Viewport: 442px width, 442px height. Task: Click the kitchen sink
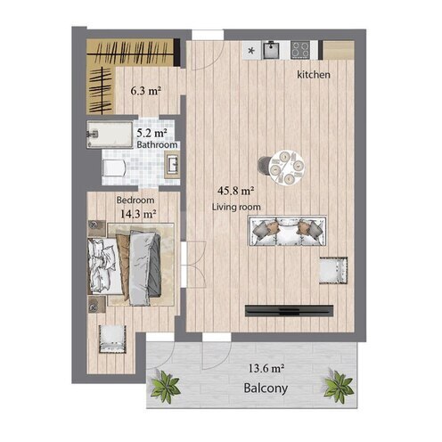click(x=271, y=50)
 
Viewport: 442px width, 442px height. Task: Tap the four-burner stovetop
click(x=300, y=50)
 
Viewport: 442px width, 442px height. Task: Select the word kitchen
click(x=314, y=75)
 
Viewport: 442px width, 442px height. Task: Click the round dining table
click(x=287, y=168)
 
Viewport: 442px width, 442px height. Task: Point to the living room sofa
click(x=288, y=231)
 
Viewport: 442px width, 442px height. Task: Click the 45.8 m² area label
click(x=235, y=191)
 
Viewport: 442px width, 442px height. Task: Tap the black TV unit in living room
click(x=289, y=311)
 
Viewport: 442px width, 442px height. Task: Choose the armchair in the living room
click(x=333, y=271)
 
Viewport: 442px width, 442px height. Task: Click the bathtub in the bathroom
click(x=110, y=135)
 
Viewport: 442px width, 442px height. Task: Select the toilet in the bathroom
click(x=113, y=168)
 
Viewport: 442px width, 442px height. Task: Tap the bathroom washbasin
click(x=172, y=165)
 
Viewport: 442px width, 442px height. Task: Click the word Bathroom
click(x=157, y=145)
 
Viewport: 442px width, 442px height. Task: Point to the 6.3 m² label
click(x=146, y=91)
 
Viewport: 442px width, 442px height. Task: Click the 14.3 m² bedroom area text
click(x=138, y=214)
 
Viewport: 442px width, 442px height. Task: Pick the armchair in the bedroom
click(x=112, y=339)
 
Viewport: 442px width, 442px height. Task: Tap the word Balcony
click(x=266, y=389)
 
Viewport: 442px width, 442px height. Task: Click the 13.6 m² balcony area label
click(x=266, y=369)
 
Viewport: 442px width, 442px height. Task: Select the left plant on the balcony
click(x=165, y=387)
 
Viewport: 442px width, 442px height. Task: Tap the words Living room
click(x=236, y=207)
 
